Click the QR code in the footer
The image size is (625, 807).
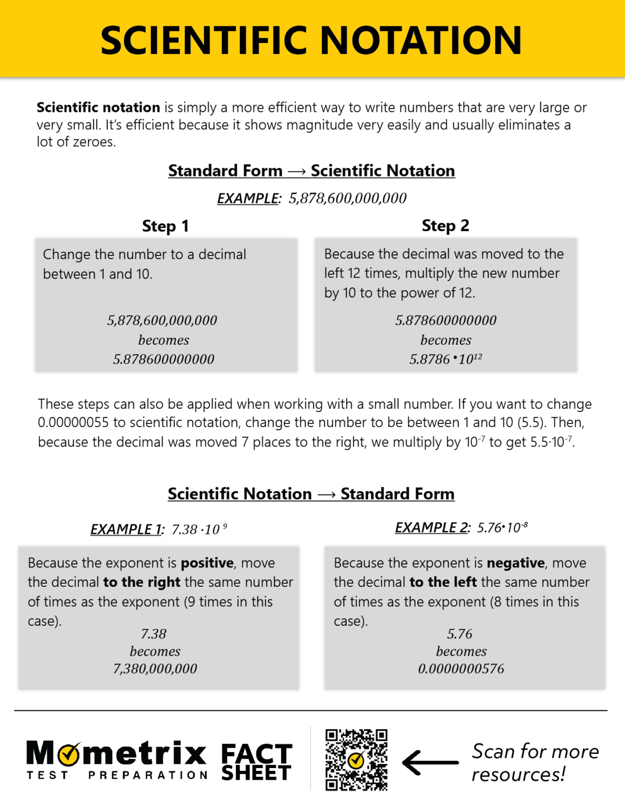click(x=356, y=759)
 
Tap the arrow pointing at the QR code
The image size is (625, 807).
click(x=430, y=762)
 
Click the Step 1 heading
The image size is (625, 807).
click(x=165, y=226)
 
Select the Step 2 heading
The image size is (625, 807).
click(x=445, y=225)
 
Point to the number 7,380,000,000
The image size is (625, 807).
click(x=155, y=668)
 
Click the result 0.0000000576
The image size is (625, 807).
click(x=461, y=668)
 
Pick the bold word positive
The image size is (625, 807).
click(x=207, y=563)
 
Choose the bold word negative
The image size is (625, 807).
click(x=516, y=563)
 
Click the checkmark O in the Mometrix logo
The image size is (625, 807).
click(x=68, y=754)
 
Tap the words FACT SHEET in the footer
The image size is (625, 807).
click(x=256, y=762)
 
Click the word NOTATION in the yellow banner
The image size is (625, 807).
click(x=421, y=40)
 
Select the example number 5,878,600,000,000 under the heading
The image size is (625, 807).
click(x=348, y=198)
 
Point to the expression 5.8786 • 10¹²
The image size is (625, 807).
click(x=446, y=359)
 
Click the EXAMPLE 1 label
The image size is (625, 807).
click(x=127, y=529)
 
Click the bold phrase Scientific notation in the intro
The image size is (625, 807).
click(x=98, y=108)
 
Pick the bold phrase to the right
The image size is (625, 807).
click(x=142, y=582)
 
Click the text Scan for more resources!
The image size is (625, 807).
click(x=535, y=762)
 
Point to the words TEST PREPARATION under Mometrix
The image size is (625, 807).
click(x=117, y=775)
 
